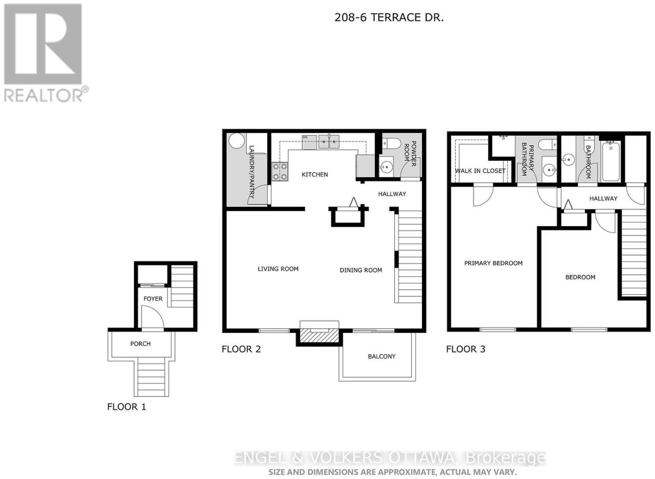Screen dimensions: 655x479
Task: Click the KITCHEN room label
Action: pos(315,174)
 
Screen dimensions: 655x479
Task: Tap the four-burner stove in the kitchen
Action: pos(280,172)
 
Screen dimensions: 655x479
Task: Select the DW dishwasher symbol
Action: pos(309,142)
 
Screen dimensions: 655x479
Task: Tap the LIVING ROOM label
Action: pos(278,269)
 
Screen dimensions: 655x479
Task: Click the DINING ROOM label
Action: pos(361,270)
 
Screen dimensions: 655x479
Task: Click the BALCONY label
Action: pos(382,356)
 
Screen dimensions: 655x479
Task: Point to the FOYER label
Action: pos(153,298)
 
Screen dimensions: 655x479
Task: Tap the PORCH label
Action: pos(140,343)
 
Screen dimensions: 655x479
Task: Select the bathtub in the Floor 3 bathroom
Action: pos(610,161)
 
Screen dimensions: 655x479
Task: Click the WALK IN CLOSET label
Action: pos(480,171)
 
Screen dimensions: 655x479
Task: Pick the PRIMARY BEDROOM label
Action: pos(493,263)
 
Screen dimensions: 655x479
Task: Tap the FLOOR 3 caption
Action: pos(465,349)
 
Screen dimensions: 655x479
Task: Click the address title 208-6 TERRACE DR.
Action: pos(389,18)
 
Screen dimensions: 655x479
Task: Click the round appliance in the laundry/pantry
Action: pos(237,141)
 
